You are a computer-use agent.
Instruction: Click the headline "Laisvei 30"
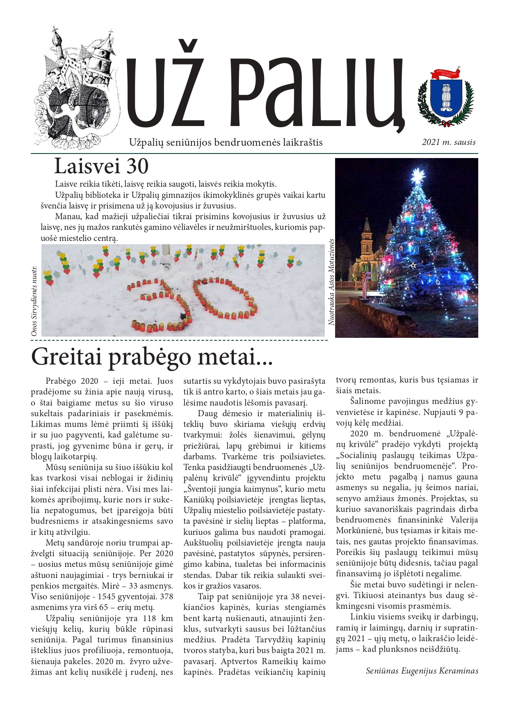101,166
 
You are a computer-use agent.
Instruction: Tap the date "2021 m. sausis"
449,142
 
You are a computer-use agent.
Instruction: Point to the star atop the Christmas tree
418,176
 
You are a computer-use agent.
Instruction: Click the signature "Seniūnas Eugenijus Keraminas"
422,671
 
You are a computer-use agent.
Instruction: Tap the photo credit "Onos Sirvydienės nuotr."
34,301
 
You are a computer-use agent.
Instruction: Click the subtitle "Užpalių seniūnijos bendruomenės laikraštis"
226,142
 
